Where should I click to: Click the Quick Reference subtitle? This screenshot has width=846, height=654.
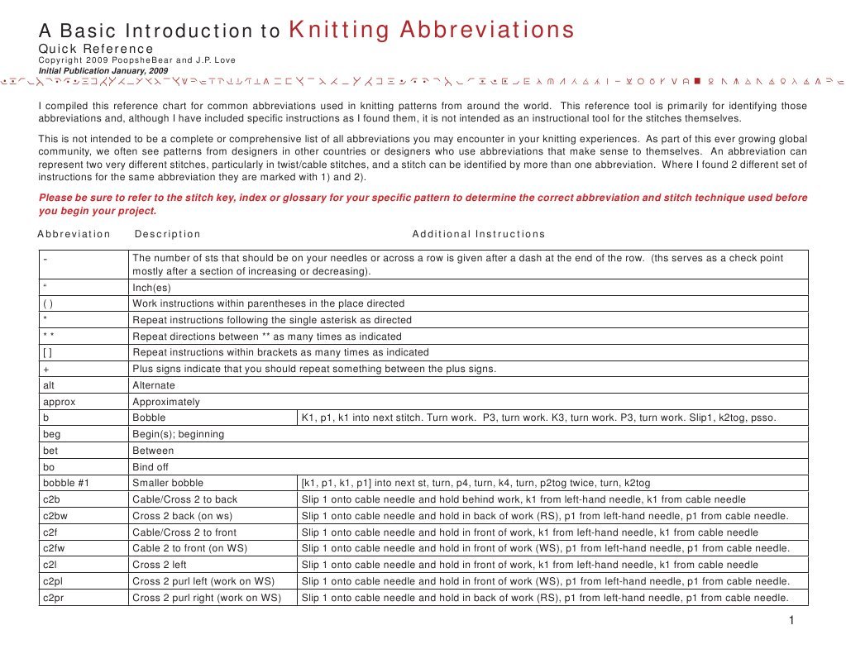(x=96, y=50)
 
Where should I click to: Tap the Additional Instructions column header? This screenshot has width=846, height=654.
(x=478, y=234)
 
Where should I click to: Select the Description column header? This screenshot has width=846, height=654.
(x=167, y=234)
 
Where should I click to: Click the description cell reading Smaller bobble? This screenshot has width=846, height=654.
(x=168, y=483)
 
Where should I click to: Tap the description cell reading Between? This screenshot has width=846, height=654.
(x=153, y=451)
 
